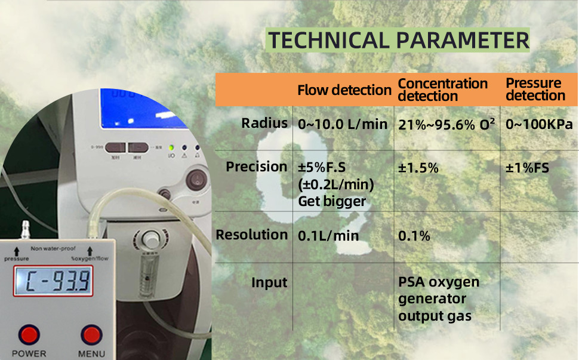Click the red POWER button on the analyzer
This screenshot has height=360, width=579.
[29, 334]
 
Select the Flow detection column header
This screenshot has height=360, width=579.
[344, 90]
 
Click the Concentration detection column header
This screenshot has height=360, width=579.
[442, 90]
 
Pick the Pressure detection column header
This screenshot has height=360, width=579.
[535, 90]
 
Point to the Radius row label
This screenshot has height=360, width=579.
[264, 124]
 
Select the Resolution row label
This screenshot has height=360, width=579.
[252, 235]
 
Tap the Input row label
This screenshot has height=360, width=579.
[269, 282]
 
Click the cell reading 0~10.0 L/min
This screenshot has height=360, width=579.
[343, 125]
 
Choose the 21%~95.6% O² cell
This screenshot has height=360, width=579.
[446, 125]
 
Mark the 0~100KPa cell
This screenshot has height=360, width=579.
[539, 125]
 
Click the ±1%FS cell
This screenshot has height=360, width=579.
[527, 168]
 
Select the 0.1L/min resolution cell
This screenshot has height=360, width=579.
[328, 236]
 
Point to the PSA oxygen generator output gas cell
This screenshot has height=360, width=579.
[439, 299]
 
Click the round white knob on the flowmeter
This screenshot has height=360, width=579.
[149, 239]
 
